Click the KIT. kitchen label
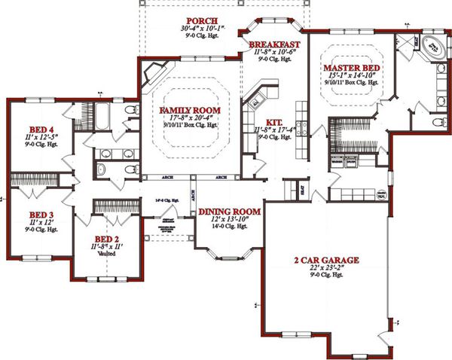point(264,122)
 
